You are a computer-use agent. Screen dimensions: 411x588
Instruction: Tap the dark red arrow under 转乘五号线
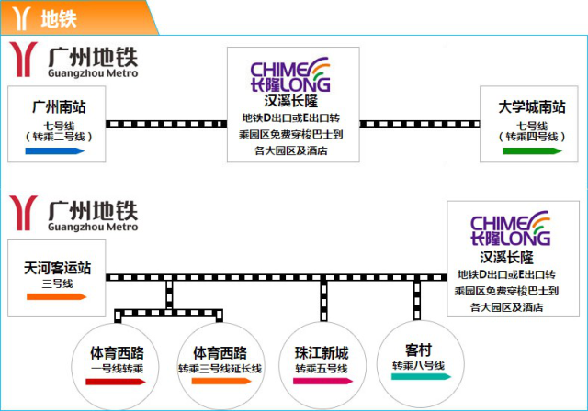[321, 381]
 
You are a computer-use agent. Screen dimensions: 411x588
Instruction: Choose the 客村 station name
[418, 350]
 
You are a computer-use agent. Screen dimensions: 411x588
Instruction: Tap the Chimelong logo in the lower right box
[510, 230]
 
